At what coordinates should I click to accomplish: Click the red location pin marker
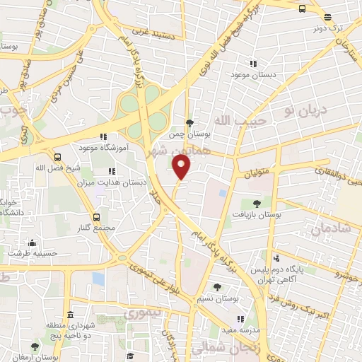pyautogui.click(x=182, y=167)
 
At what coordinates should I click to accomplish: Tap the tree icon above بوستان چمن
pyautogui.click(x=189, y=122)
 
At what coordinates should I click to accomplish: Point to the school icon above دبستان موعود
pyautogui.click(x=252, y=64)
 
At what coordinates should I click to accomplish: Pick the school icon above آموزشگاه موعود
pyautogui.click(x=103, y=136)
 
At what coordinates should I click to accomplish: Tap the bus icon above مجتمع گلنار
pyautogui.click(x=96, y=217)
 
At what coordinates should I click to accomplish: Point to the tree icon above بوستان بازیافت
pyautogui.click(x=256, y=203)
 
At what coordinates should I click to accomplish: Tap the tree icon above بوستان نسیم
pyautogui.click(x=217, y=287)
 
